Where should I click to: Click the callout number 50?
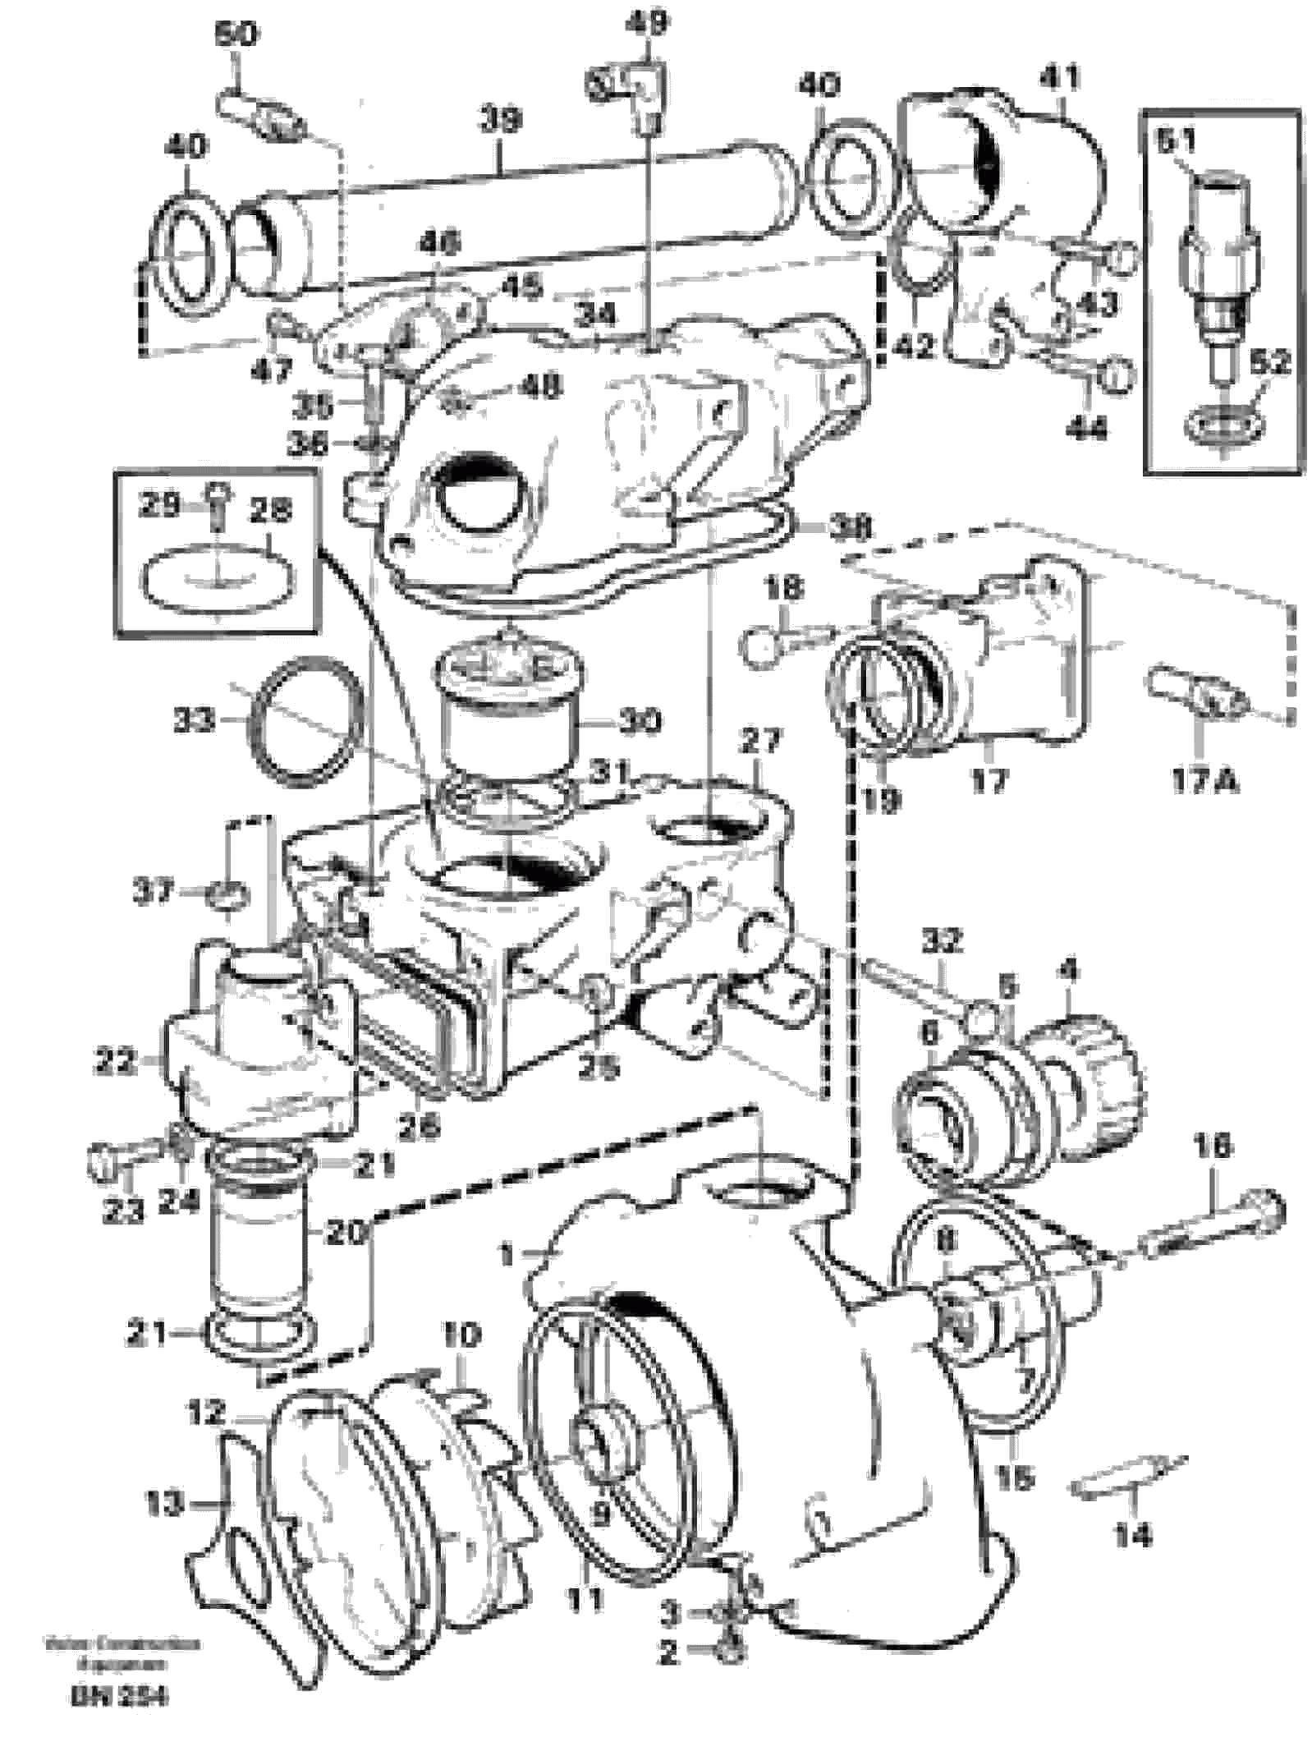[x=236, y=34]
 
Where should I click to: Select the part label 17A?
[x=1204, y=779]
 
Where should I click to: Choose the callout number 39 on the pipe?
[x=501, y=120]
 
